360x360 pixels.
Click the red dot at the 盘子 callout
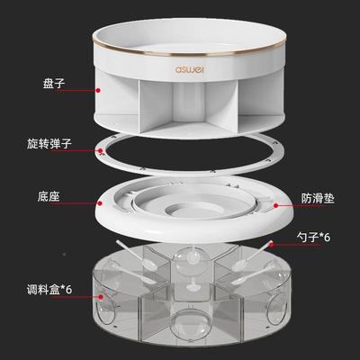[96, 90]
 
